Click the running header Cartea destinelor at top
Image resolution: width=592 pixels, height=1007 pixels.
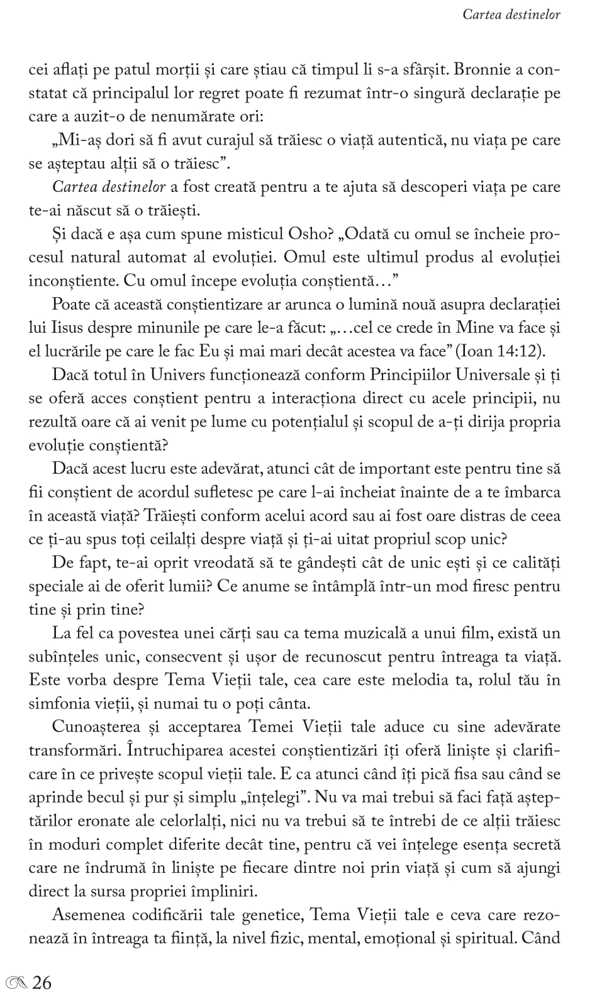[x=511, y=14]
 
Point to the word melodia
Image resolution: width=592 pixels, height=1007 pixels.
[x=399, y=680]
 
